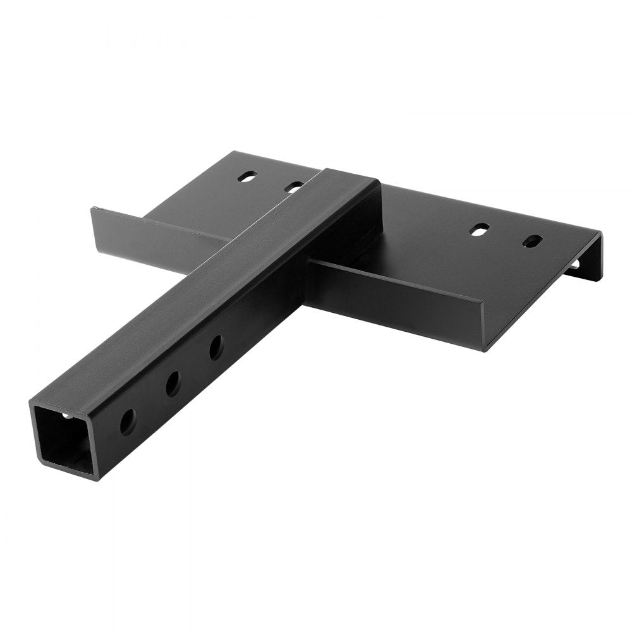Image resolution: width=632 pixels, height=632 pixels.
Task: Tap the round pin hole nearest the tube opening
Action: [x=127, y=420]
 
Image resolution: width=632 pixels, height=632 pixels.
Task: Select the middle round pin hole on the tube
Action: [x=172, y=384]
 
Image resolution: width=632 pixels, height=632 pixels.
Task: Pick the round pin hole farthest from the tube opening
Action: [x=216, y=348]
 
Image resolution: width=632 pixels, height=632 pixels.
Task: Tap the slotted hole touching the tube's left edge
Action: [x=294, y=186]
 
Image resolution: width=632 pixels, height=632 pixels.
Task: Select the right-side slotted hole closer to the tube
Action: [x=481, y=229]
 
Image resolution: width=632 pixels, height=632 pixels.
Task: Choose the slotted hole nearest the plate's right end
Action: [x=533, y=241]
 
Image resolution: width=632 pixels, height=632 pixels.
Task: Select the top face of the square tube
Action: [x=209, y=278]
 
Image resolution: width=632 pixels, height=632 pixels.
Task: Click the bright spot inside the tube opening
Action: [x=67, y=416]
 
